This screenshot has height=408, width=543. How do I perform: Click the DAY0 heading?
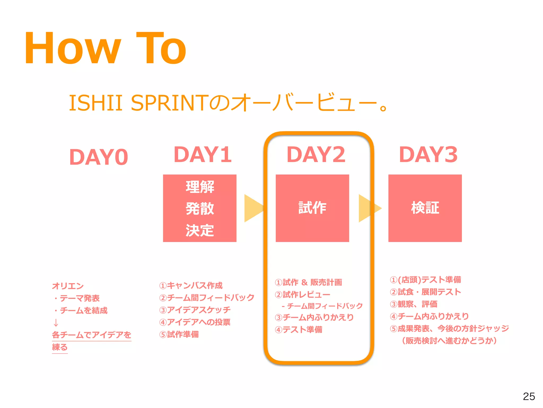tap(99, 157)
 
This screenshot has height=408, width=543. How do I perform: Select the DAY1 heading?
tap(203, 155)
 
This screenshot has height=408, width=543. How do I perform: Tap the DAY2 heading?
tap(316, 155)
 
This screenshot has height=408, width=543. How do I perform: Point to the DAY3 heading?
tap(428, 155)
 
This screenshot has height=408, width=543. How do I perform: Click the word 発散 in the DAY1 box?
tap(200, 209)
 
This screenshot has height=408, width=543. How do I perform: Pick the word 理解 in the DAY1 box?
tap(200, 187)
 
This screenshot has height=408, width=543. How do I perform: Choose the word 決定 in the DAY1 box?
tap(200, 230)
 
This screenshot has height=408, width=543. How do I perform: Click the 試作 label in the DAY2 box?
tap(312, 208)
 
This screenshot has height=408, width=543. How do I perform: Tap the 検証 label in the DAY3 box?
tap(425, 208)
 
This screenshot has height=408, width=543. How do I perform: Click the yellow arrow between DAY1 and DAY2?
tap(253, 208)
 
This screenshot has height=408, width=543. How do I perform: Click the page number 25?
tap(529, 397)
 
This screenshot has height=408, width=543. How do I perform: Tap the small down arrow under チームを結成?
tap(56, 323)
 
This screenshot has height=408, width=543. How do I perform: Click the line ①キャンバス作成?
tap(191, 286)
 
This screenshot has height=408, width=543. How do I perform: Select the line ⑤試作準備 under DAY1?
tap(179, 334)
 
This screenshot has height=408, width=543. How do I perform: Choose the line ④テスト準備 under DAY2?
tap(299, 330)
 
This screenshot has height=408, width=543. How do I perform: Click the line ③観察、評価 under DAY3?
tap(414, 304)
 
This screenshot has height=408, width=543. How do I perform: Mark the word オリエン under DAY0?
tap(68, 286)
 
